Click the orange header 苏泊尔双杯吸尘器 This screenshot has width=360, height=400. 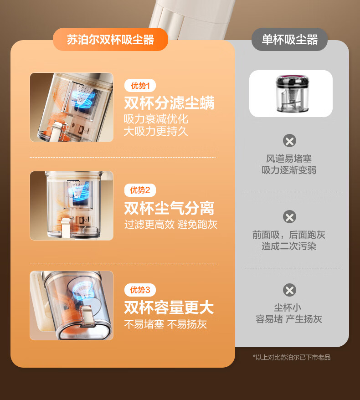point(110,40)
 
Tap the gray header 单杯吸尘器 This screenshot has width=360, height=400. point(289,40)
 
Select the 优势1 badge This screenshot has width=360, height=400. point(140,86)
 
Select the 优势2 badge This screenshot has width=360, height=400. point(140,190)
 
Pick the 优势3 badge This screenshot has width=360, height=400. point(140,290)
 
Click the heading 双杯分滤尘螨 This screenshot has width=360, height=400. point(169,103)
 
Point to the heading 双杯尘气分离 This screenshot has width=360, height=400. point(169,208)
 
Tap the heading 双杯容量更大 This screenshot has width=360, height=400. point(169,308)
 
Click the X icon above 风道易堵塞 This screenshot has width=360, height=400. point(289,141)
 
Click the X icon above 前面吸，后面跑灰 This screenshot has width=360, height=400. point(289,217)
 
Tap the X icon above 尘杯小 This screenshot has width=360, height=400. point(289,290)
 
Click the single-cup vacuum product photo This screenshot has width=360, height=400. point(291,94)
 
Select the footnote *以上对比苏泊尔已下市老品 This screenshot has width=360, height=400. point(292,357)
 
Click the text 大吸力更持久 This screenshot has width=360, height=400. point(156,131)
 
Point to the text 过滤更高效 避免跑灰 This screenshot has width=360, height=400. point(171,225)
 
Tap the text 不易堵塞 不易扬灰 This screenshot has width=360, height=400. point(165,324)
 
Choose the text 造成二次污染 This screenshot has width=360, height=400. point(289,246)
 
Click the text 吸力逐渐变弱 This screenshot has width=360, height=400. point(289,170)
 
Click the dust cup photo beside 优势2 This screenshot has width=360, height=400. point(72,205)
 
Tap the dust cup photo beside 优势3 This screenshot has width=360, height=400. point(72,305)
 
